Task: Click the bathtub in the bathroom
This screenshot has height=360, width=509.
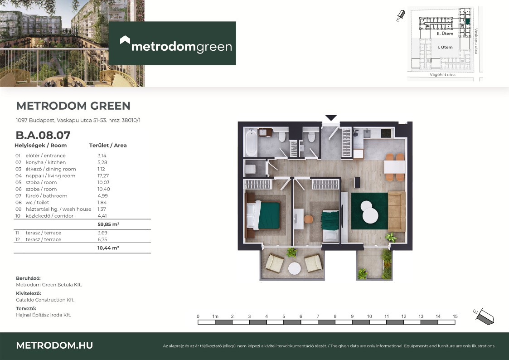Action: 251,143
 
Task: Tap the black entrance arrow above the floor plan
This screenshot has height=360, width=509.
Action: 331,118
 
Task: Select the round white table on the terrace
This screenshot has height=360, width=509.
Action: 295,268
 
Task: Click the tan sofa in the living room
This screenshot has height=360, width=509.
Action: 397,211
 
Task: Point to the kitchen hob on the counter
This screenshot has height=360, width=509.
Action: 386,133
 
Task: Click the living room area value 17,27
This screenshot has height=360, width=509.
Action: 103,175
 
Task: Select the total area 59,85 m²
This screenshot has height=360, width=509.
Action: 108,224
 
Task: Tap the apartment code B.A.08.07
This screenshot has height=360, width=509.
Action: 43,135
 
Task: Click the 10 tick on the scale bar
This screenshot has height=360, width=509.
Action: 369,316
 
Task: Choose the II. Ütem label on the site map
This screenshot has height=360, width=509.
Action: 445,34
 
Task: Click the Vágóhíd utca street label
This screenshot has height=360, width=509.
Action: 442,75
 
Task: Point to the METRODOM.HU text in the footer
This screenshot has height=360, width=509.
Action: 54,345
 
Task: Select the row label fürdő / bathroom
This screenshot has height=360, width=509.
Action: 46,196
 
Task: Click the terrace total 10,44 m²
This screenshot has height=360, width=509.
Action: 108,248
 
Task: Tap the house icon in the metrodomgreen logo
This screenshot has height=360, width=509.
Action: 125,40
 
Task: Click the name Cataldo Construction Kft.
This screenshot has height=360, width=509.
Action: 45,300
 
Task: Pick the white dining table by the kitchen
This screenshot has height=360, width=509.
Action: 395,167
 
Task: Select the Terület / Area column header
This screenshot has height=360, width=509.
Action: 108,146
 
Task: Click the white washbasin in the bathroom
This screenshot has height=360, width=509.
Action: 266,132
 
